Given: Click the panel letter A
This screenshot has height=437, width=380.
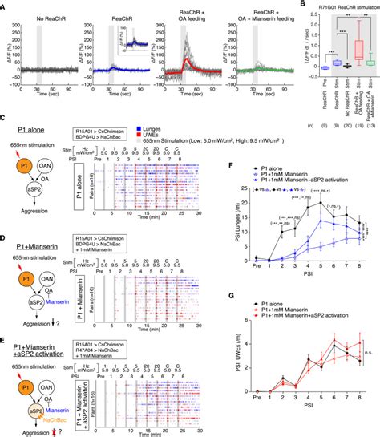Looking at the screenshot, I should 5,5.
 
